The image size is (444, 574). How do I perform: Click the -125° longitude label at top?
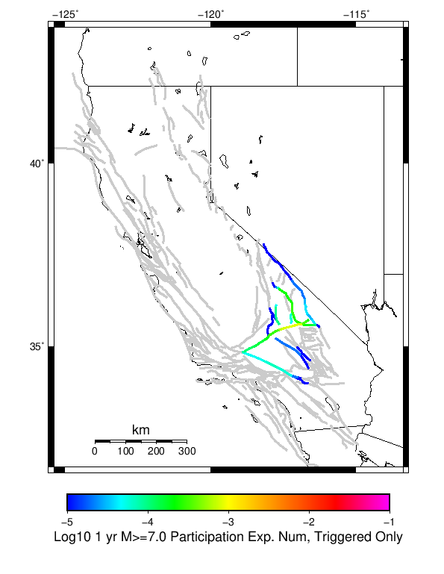(65, 13)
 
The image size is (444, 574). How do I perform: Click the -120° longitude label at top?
(210, 13)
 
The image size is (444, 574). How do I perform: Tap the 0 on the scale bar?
(94, 452)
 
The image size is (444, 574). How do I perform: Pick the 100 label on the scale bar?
(125, 452)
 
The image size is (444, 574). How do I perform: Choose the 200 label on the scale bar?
(155, 452)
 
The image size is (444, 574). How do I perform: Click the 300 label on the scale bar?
(187, 452)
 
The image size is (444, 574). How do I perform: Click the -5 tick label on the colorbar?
(66, 522)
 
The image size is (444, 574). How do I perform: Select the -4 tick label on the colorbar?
(147, 522)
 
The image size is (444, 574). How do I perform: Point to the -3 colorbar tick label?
(228, 522)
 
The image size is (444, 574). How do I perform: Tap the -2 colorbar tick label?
(309, 522)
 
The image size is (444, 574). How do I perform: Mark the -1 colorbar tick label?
(390, 522)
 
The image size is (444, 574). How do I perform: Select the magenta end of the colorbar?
(385, 502)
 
